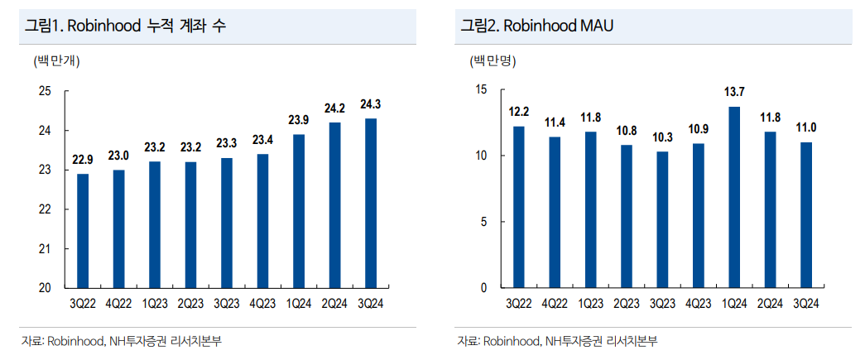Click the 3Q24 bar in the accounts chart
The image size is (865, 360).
(371, 203)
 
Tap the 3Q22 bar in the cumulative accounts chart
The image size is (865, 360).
(82, 231)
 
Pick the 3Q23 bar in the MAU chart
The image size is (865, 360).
(661, 219)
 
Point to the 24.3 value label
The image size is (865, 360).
(371, 105)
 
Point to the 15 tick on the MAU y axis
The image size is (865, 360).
(483, 89)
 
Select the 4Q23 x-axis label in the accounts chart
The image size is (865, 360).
(262, 304)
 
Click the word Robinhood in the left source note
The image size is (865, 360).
(74, 341)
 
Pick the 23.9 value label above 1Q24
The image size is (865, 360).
(299, 121)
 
